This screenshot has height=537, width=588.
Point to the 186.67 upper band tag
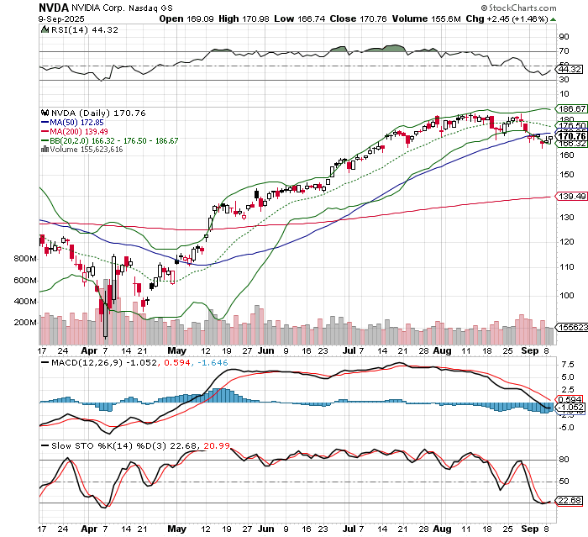(571, 109)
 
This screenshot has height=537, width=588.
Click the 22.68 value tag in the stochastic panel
(571, 501)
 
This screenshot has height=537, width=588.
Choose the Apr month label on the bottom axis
(88, 529)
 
